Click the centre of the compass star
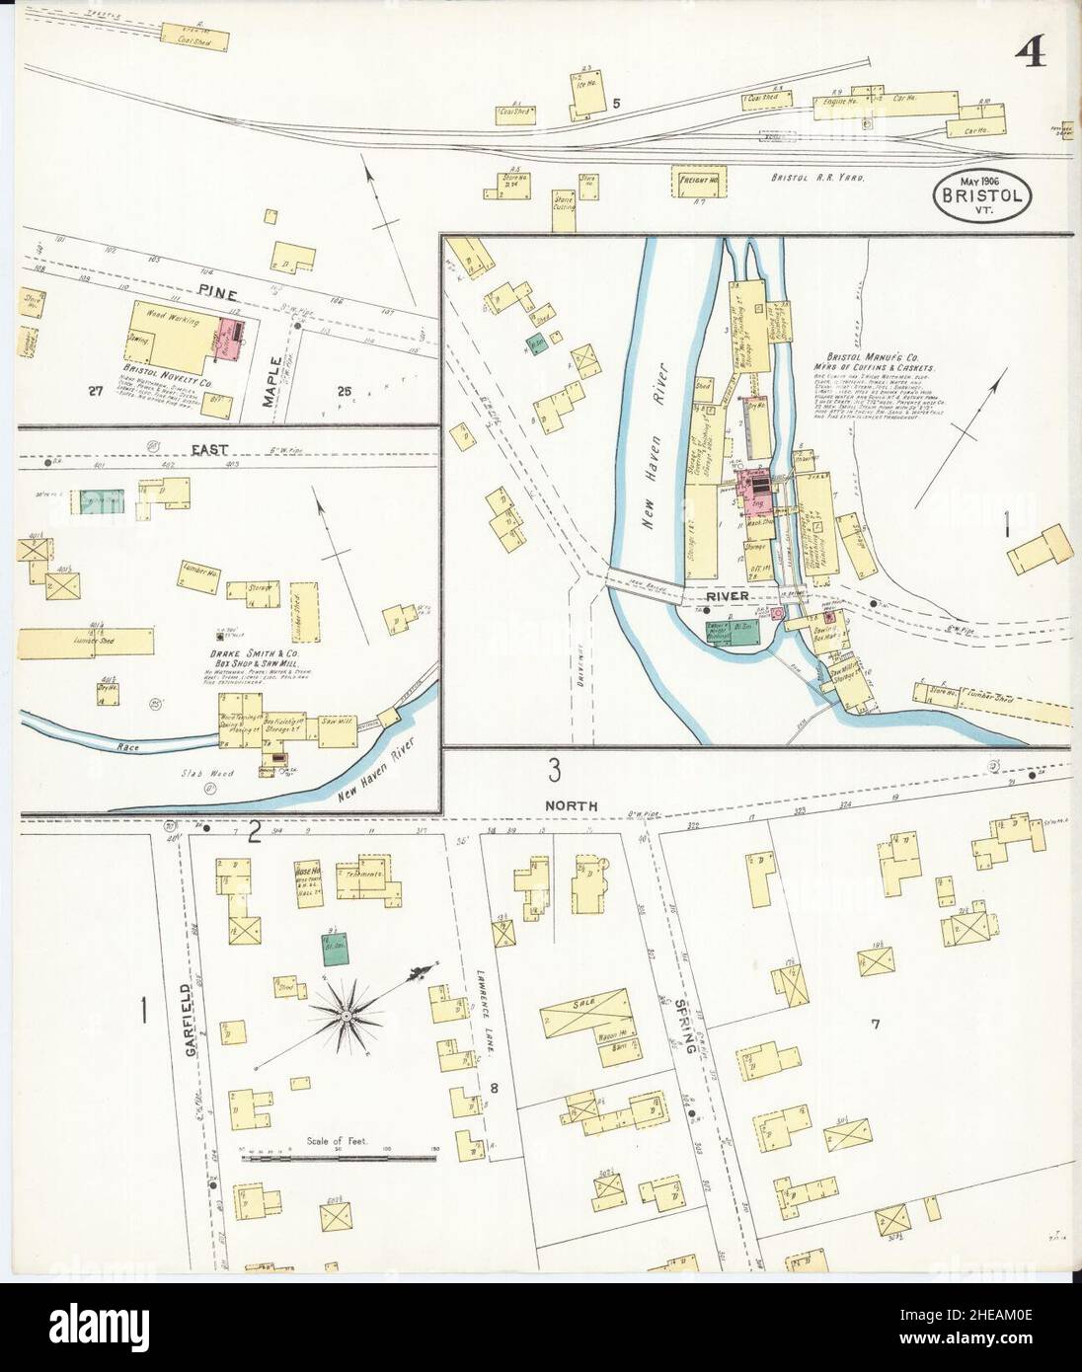(348, 1014)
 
